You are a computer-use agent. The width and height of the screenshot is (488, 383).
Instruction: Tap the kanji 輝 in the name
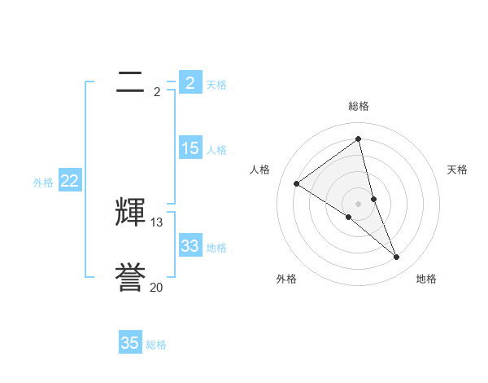tap(131, 213)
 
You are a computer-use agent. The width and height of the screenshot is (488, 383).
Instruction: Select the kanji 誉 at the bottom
tap(131, 278)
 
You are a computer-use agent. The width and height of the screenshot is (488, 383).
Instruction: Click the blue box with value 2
tap(190, 82)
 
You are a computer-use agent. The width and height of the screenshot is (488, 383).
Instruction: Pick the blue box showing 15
tap(190, 148)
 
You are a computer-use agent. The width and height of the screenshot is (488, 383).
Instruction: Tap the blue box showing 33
tap(190, 246)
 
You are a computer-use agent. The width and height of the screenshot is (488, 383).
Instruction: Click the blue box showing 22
tap(69, 181)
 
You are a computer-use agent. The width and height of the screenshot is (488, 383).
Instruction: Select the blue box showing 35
tap(130, 343)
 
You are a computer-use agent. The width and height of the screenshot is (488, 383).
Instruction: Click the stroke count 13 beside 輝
tap(157, 222)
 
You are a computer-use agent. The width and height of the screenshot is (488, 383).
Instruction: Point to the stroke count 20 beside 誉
tap(157, 288)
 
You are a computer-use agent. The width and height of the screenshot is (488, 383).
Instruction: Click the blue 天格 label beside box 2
tap(216, 85)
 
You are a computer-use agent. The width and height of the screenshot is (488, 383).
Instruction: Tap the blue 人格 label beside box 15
tap(216, 150)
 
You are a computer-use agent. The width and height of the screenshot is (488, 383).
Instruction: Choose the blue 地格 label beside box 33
tap(216, 248)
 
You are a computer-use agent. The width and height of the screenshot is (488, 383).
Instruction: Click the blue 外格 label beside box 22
tap(43, 183)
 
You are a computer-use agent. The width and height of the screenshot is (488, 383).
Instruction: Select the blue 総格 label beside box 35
tap(156, 345)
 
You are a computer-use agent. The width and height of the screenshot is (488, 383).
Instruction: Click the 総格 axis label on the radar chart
tap(359, 106)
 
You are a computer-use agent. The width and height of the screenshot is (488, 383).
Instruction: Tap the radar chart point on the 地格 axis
tap(397, 258)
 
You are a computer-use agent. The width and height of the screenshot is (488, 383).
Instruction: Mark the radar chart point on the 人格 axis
tap(297, 183)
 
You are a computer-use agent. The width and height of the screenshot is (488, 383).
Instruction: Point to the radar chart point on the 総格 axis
tap(359, 139)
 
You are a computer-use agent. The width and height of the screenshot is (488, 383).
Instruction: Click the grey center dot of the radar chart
tap(359, 203)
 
